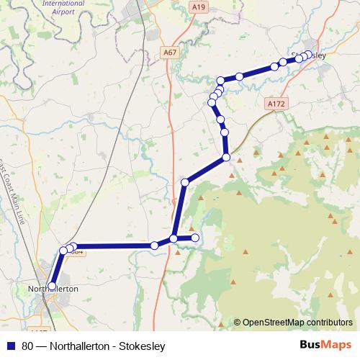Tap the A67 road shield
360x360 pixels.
170,53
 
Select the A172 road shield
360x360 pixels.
276,104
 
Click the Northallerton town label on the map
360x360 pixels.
52,288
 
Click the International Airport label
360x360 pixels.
64,7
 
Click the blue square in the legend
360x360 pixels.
11,345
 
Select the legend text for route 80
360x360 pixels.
94,345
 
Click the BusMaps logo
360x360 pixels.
320,343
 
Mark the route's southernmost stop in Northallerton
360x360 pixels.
52,286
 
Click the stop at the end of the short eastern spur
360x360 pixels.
194,237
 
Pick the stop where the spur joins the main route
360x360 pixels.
174,238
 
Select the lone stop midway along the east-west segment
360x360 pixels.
154,246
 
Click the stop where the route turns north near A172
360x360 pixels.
226,157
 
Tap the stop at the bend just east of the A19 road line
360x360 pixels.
185,183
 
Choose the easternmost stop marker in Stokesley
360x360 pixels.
310,54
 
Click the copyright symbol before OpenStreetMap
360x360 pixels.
237,323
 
